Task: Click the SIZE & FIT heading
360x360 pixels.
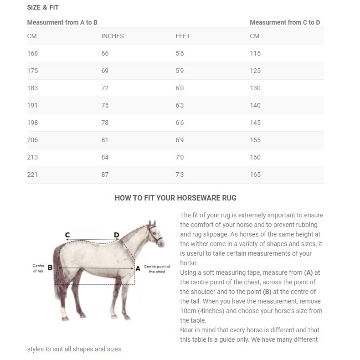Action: [x=43, y=8]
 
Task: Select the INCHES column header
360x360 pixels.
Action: [x=112, y=36]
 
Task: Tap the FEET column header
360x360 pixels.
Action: [x=183, y=36]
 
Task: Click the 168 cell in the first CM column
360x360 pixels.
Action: [x=32, y=53]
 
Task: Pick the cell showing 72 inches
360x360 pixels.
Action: [x=105, y=88]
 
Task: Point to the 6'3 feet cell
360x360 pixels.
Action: [x=180, y=105]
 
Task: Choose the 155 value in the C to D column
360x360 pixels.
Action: [x=255, y=140]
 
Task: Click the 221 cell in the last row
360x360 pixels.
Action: [x=32, y=175]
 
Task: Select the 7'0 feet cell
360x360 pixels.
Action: [x=180, y=157]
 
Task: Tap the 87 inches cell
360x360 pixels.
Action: [x=105, y=175]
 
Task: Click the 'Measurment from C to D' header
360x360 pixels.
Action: [x=285, y=22]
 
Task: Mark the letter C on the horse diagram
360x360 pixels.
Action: [x=67, y=235]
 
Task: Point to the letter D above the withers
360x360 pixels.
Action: [x=117, y=235]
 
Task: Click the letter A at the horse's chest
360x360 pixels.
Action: [x=138, y=268]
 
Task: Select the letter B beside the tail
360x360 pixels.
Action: [x=50, y=267]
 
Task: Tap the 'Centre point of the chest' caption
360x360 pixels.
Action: [x=157, y=269]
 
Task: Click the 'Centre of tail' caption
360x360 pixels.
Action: [x=38, y=268]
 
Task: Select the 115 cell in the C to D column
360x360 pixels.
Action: [x=255, y=53]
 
